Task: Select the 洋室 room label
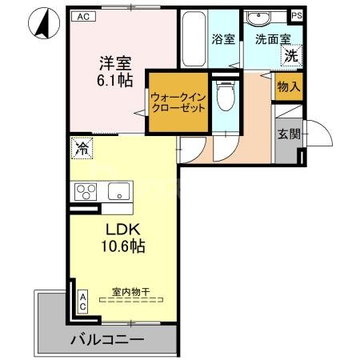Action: pyautogui.click(x=114, y=62)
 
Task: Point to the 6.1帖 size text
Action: pyautogui.click(x=114, y=82)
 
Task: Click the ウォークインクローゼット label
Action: pyautogui.click(x=177, y=102)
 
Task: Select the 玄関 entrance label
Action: pyautogui.click(x=289, y=134)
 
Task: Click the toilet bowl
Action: pyautogui.click(x=226, y=100)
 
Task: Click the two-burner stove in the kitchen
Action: pyautogui.click(x=86, y=192)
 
